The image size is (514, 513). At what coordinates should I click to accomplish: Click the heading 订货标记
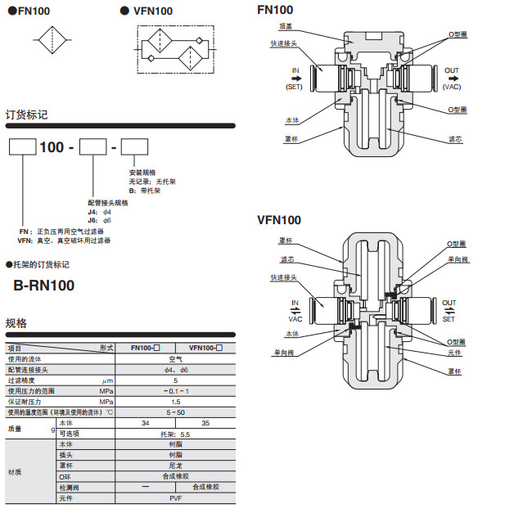pos(27,115)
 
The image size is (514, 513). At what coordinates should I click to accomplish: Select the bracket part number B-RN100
pos(45,286)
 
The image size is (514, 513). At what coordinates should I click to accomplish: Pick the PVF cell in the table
pos(175,497)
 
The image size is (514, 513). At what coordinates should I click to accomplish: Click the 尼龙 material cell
pos(175,465)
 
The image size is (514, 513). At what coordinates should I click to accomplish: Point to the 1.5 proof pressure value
pos(175,402)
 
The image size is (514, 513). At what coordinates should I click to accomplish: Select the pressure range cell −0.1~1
pos(175,391)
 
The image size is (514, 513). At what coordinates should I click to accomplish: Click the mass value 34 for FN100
pos(146,423)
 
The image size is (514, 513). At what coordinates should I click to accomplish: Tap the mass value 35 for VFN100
pos(205,423)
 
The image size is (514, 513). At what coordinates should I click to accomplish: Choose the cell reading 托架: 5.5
pos(175,434)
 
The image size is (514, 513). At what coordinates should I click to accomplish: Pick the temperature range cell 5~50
pos(175,412)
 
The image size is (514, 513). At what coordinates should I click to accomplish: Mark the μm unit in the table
pos(106,380)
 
